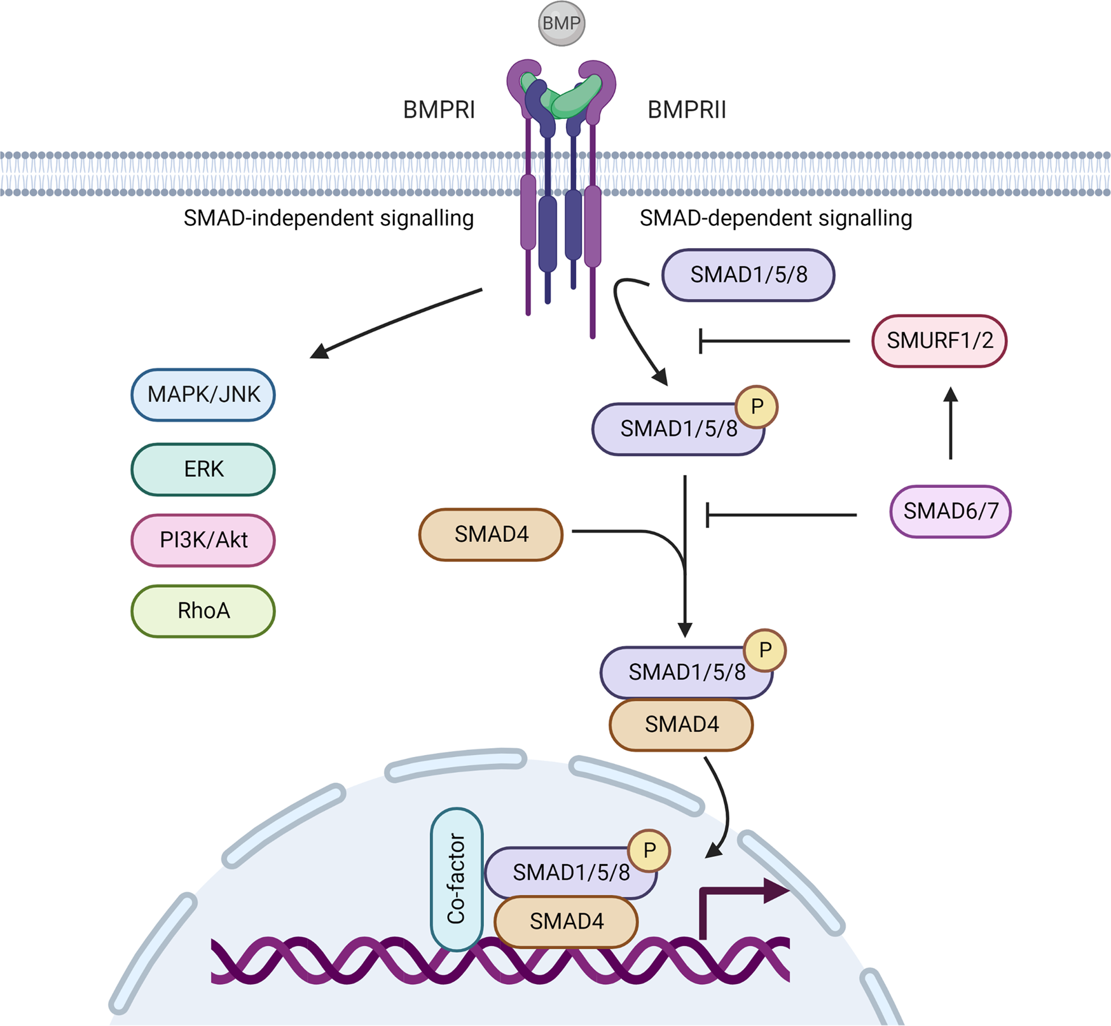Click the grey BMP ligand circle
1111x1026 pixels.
561,24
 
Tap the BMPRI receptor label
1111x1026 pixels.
439,110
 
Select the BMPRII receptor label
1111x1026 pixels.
686,110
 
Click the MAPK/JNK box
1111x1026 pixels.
203,395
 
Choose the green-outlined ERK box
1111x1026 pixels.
203,469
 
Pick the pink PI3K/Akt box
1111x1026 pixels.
203,540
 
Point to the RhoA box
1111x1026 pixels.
203,611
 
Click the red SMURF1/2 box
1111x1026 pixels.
939,341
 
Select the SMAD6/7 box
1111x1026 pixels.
950,511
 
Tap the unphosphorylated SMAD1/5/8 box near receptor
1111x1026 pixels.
748,275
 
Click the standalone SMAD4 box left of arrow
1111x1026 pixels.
491,534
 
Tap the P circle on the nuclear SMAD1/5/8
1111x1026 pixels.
649,850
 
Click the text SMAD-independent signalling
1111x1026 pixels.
328,218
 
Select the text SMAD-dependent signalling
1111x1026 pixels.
775,218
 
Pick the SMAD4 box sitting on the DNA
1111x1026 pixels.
566,921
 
